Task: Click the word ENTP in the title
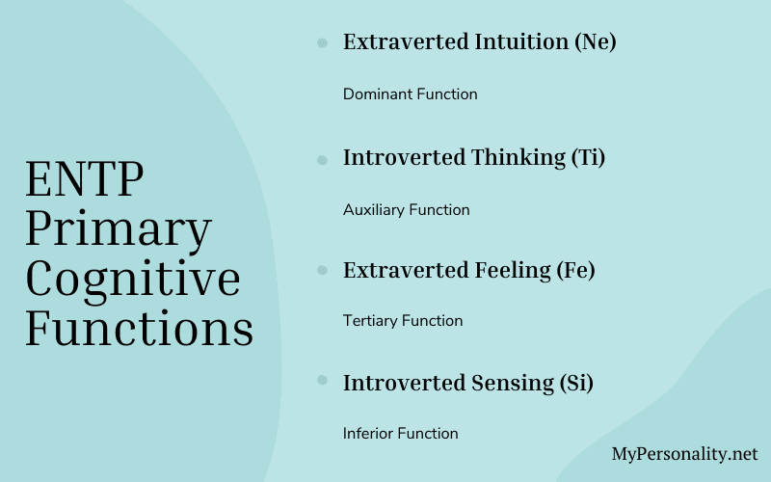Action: [85, 179]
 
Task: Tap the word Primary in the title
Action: [118, 229]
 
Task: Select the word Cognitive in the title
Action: [133, 279]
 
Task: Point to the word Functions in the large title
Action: [139, 328]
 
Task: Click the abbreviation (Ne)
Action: [594, 42]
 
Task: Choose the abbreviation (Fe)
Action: [576, 270]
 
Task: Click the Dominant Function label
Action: [411, 94]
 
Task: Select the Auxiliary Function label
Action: [407, 209]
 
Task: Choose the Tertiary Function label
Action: [403, 320]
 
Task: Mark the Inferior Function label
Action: [401, 433]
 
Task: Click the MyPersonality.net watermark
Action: [684, 453]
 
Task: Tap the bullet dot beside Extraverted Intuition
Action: [321, 42]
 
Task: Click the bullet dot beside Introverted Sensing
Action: [321, 383]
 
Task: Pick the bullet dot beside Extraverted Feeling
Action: [321, 270]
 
